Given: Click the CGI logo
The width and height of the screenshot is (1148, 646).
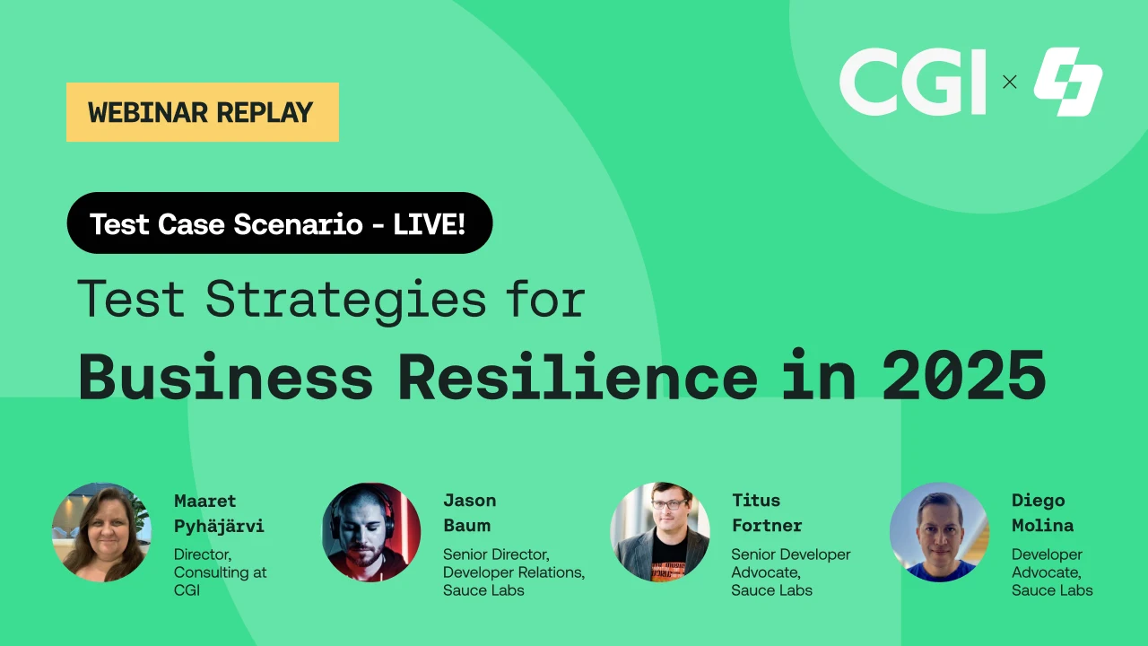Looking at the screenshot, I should tap(912, 82).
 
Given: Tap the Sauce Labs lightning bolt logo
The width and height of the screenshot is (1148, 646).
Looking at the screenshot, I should tap(1067, 82).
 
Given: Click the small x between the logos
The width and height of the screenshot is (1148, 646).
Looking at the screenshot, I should tap(1010, 82).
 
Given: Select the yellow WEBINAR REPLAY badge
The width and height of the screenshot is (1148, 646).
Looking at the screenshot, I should tap(202, 112).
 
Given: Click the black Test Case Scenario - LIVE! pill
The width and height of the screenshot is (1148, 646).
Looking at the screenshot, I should tap(279, 223).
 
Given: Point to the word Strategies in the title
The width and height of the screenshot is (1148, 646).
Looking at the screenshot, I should tap(345, 300).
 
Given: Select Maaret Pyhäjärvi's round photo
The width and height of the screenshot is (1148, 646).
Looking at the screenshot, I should tap(101, 532).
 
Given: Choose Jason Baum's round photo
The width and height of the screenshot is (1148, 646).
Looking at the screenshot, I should tap(371, 532).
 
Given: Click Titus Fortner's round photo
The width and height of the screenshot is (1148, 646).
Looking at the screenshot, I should tap(660, 532).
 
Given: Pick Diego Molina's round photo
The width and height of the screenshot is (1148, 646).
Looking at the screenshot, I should tap(939, 532).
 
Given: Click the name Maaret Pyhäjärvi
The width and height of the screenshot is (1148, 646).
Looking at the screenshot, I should tap(219, 513).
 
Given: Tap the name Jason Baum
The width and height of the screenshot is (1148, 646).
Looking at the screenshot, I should tap(469, 512).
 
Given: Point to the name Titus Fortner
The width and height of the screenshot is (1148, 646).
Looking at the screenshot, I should tap(767, 512).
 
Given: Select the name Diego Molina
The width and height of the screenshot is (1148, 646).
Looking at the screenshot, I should tap(1042, 512).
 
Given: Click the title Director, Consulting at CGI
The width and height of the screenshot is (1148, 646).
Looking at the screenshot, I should tap(220, 572).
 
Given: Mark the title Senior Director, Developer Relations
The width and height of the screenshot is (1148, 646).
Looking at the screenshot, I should tap(513, 563).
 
